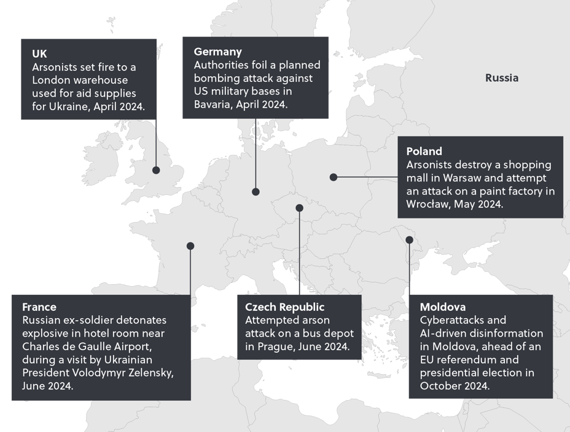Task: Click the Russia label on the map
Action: coord(501,78)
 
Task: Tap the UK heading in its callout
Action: coord(39,54)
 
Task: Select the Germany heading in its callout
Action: coord(217,52)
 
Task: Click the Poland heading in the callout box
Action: coord(424,151)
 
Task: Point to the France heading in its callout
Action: coord(39,306)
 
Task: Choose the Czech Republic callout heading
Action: coord(284,306)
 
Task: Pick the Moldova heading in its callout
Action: coord(442,306)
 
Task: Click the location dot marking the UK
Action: coord(157,170)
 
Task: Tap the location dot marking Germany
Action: coord(256,192)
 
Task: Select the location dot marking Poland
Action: coord(334,177)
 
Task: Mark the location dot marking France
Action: coord(190,246)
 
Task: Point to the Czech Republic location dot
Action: coord(300,208)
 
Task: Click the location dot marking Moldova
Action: coord(410,239)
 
